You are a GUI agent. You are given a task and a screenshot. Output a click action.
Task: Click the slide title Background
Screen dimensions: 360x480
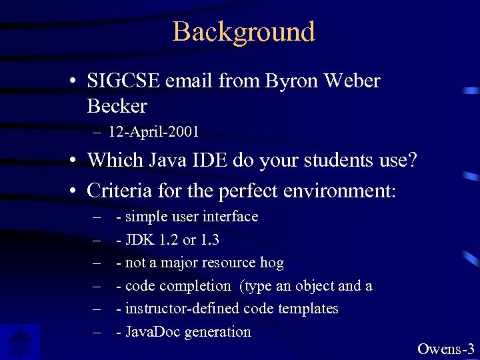[243, 31]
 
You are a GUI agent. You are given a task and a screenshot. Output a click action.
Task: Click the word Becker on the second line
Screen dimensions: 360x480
[117, 105]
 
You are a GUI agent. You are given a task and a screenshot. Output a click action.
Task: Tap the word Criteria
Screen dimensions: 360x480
[119, 191]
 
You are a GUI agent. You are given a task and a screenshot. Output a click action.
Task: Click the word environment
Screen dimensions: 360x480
[339, 191]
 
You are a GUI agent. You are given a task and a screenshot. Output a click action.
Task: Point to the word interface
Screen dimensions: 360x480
[230, 217]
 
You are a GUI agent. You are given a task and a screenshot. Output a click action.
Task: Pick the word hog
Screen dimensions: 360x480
[271, 263]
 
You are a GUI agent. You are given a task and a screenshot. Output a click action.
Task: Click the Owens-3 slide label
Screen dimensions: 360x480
[445, 348]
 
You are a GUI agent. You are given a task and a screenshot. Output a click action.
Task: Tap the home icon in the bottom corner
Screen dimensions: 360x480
[20, 341]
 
